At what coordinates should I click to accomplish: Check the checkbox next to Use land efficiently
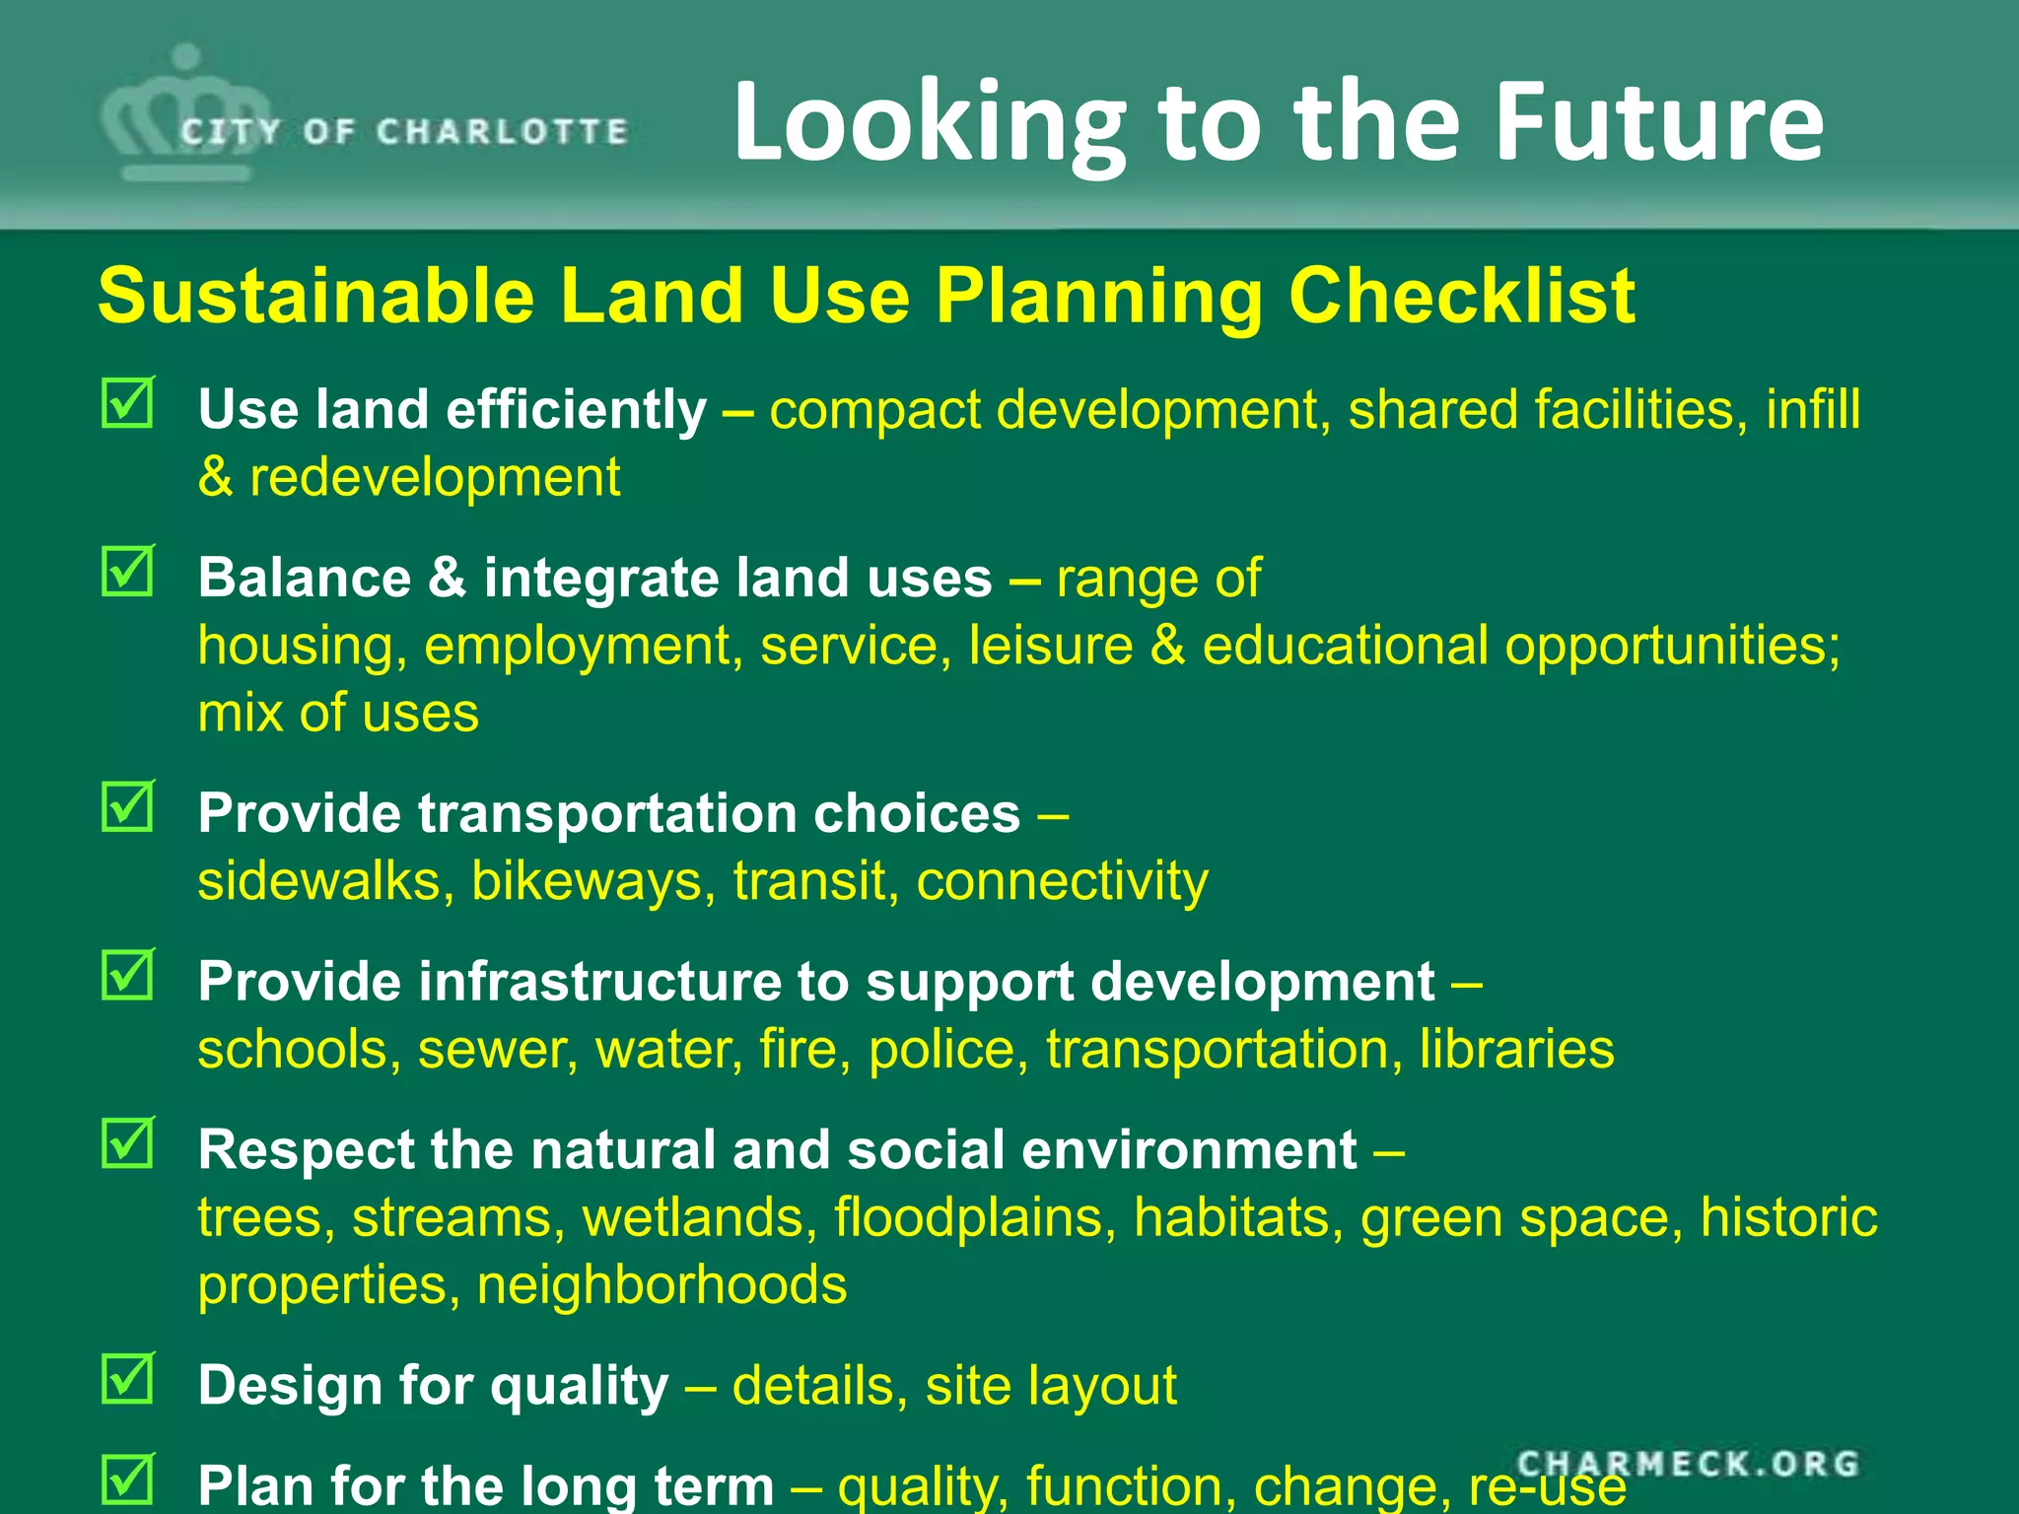coord(128,402)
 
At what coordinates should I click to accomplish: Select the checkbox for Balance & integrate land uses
coord(128,571)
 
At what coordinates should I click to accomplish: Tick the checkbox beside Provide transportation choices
coord(128,806)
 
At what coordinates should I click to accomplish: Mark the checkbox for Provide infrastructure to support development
coord(128,975)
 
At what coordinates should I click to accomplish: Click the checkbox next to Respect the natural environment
coord(128,1143)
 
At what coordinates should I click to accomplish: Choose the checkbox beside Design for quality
coord(128,1379)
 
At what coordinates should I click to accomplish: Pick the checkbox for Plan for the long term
coord(128,1478)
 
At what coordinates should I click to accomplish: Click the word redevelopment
coord(435,478)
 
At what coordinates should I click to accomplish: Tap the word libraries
coord(1516,1049)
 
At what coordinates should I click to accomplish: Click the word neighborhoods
coord(661,1286)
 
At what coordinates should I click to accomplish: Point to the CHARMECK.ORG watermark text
coord(1688,1464)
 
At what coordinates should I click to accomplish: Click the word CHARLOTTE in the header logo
coord(502,132)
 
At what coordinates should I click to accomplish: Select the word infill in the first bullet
coord(1813,410)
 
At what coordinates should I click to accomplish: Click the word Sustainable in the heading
coord(316,296)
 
